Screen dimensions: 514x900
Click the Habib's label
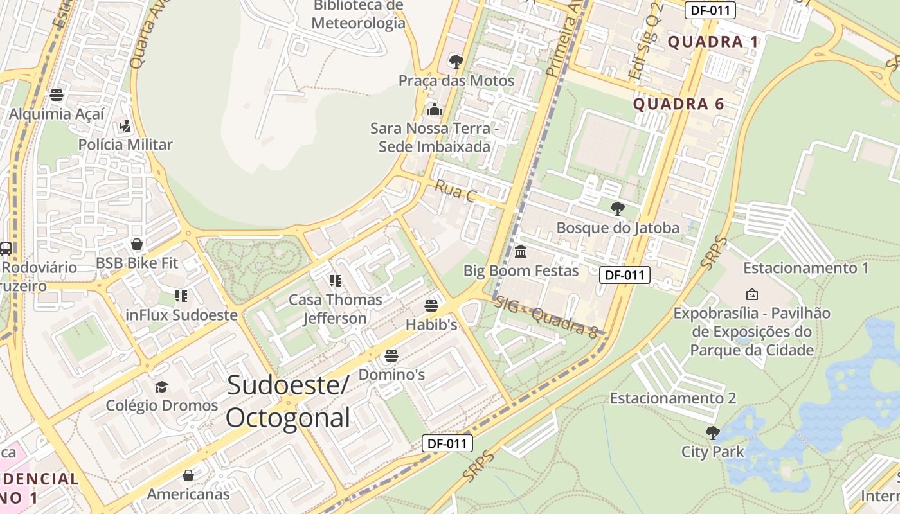(x=431, y=325)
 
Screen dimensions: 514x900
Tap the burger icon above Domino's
(x=391, y=356)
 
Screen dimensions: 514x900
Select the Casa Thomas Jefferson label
(x=335, y=308)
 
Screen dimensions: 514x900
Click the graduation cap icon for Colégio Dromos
(x=161, y=387)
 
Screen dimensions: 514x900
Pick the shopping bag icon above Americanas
(x=188, y=475)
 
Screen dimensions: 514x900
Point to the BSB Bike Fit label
(x=137, y=263)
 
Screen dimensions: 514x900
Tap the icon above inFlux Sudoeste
(x=181, y=296)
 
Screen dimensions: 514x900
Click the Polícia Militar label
(x=125, y=145)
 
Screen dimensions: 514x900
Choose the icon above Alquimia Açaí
(x=57, y=96)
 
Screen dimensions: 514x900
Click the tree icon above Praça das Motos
(x=456, y=62)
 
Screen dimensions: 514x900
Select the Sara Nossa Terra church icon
(x=435, y=110)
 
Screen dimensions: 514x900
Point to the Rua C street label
(x=455, y=191)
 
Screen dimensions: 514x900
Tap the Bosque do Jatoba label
(x=617, y=227)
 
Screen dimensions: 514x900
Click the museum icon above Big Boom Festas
(x=521, y=251)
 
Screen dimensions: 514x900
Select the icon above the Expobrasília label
(x=751, y=294)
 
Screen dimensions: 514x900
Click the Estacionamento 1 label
(x=806, y=268)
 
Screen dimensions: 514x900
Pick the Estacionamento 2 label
(x=672, y=398)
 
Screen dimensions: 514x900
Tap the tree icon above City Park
(x=712, y=432)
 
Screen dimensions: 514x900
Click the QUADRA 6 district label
(x=678, y=104)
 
